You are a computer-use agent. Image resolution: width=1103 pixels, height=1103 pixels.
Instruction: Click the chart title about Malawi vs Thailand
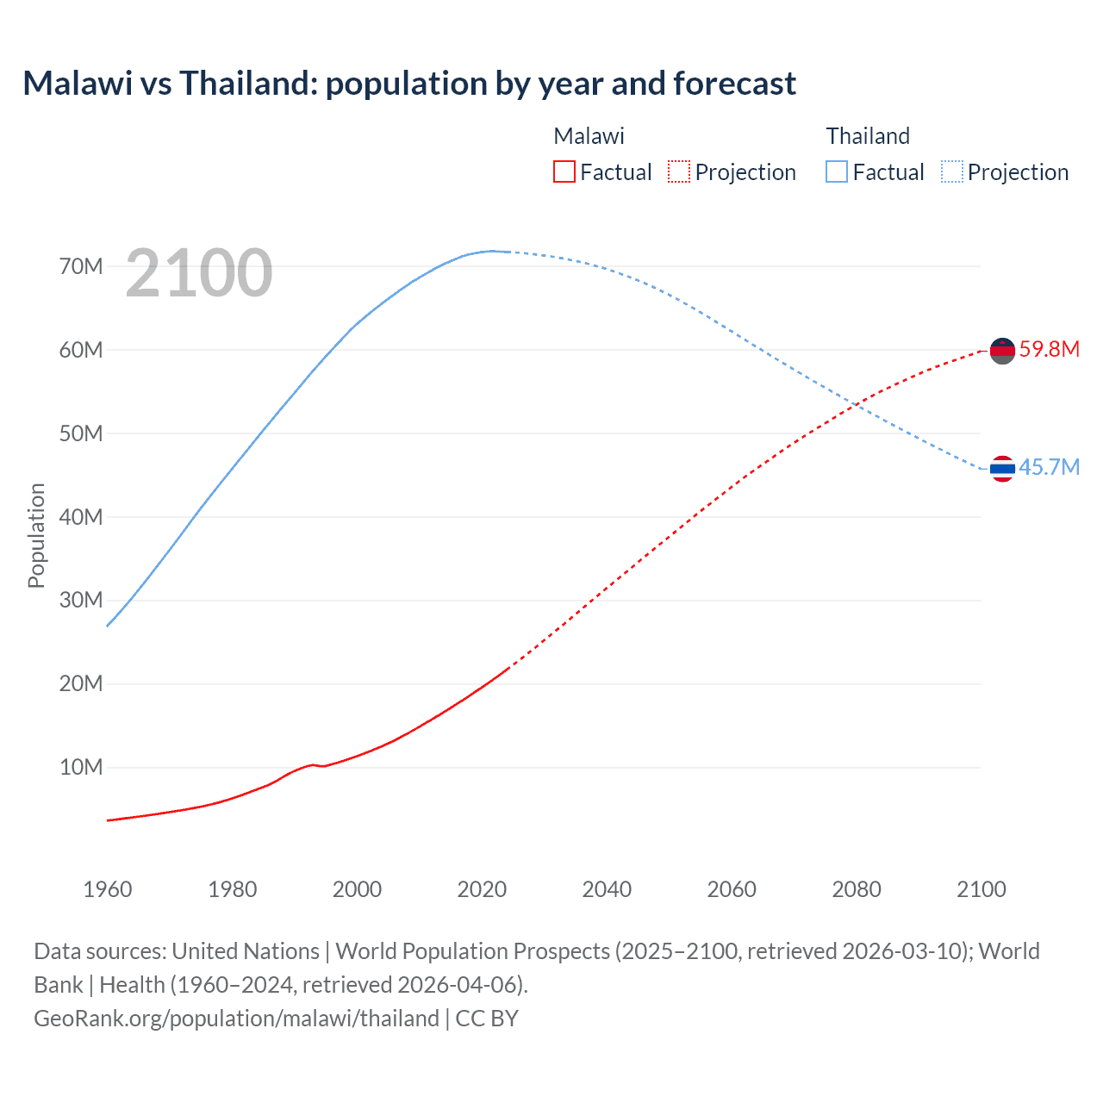tap(409, 84)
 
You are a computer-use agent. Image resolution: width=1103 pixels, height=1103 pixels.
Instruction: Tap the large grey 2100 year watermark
tap(199, 273)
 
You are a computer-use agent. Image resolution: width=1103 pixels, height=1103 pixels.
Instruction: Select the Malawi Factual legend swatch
tap(564, 171)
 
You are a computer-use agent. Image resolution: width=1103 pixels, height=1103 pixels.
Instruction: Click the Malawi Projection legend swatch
tap(679, 171)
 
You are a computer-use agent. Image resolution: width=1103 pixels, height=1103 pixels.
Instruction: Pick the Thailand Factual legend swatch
tap(837, 171)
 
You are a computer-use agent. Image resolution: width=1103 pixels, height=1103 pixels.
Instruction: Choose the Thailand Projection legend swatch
tap(952, 171)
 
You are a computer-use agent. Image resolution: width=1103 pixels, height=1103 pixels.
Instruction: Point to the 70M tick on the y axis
tap(81, 266)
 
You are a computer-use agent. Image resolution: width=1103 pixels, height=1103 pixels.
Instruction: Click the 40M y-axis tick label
tap(81, 517)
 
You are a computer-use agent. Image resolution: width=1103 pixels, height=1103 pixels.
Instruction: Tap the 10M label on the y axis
tap(81, 767)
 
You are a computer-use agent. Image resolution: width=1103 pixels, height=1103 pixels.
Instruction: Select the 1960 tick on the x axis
tap(108, 889)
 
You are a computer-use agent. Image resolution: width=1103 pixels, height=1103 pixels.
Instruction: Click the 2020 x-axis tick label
tap(482, 889)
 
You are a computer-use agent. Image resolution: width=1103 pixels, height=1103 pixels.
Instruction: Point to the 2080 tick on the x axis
tap(857, 889)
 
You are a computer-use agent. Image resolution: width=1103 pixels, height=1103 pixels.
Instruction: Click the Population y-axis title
tap(36, 535)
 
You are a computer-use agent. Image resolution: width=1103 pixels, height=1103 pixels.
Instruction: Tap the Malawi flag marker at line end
tap(1002, 351)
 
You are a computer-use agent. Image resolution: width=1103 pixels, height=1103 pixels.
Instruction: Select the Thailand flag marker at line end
tap(1002, 469)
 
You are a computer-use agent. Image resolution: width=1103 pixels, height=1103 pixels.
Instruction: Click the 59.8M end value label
tap(1049, 349)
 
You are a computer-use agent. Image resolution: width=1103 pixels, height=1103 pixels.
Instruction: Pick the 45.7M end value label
tap(1049, 467)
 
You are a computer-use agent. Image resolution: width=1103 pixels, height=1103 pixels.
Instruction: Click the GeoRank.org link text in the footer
tap(236, 1019)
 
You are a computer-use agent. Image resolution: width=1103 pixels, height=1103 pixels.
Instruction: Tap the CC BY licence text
tap(487, 1019)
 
